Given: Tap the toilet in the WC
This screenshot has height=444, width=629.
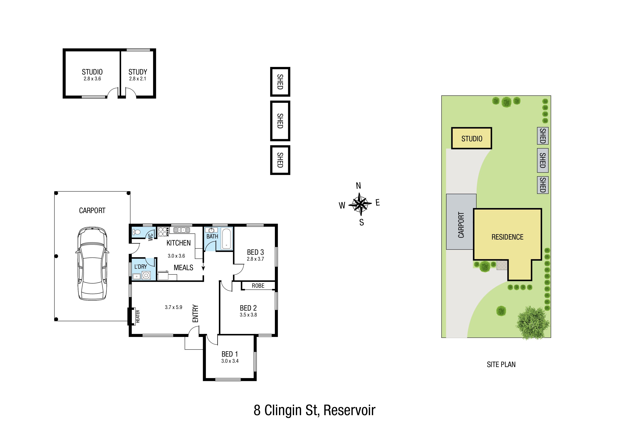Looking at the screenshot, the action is click(x=136, y=232).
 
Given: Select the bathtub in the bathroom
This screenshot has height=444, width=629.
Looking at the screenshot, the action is click(x=227, y=239).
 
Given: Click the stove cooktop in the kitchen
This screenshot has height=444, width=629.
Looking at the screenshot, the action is click(x=163, y=232).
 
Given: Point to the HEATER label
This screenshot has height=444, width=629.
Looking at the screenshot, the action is click(x=138, y=317).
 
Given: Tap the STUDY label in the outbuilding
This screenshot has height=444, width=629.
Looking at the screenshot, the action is click(x=138, y=72).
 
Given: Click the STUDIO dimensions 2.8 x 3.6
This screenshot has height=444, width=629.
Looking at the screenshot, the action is click(x=92, y=79).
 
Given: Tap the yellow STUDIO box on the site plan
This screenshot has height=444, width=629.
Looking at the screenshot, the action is click(x=471, y=138).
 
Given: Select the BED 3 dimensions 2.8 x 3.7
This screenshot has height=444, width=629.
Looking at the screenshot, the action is click(x=255, y=259).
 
